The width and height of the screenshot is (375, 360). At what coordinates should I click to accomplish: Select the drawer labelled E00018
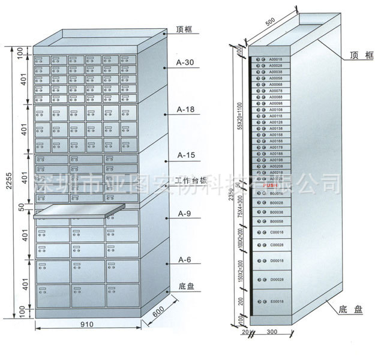275,301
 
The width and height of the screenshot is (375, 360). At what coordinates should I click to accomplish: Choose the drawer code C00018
275,232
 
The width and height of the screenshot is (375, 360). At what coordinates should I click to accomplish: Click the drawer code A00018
275,60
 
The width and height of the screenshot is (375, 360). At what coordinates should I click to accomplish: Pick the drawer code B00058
275,221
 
